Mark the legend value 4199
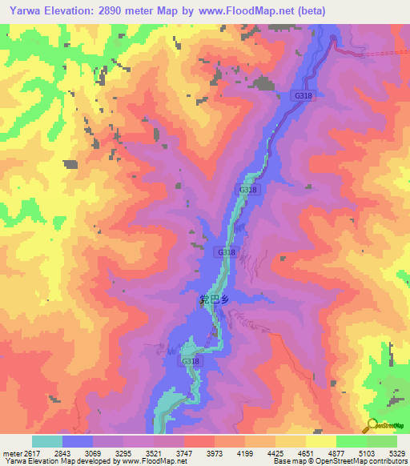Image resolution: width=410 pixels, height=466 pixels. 244,452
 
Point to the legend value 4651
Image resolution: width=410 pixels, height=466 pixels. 305,452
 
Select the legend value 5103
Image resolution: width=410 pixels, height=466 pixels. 366,452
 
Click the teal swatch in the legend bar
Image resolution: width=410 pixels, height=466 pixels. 47,441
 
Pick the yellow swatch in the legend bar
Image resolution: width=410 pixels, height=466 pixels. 321,441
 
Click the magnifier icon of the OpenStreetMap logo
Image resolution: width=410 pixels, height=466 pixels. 371,425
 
